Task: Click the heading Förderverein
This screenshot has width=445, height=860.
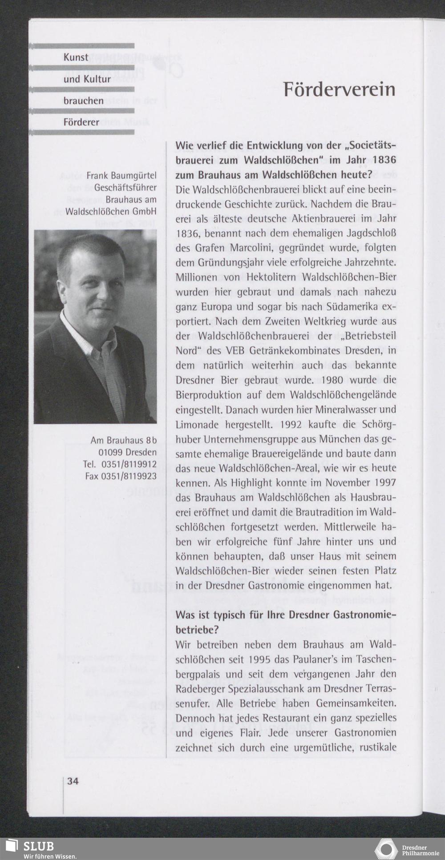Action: coord(339,90)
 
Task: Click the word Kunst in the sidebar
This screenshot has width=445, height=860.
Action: coord(76,57)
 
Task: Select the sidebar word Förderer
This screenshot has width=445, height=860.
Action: coord(81,122)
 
